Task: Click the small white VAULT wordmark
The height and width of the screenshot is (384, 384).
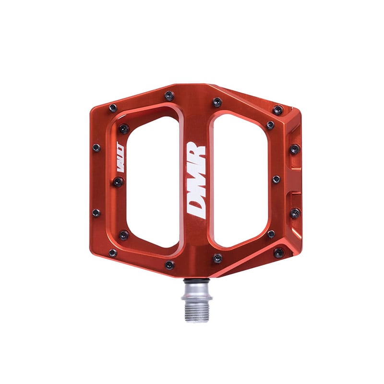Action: click(x=120, y=157)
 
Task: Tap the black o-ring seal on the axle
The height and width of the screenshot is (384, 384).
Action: click(x=196, y=281)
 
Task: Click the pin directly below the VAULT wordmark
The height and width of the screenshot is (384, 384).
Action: click(x=118, y=182)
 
